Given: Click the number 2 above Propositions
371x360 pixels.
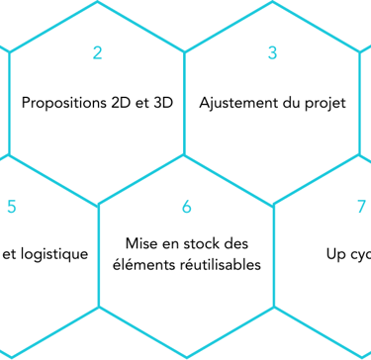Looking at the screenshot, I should [x=97, y=53].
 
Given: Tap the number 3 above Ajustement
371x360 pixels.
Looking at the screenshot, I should [x=273, y=53].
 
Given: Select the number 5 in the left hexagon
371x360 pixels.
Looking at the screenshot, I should [x=11, y=207].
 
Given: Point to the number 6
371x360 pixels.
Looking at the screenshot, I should [x=186, y=207].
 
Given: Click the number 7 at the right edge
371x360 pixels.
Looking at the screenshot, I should [x=361, y=207].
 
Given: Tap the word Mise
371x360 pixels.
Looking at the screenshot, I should [x=142, y=242].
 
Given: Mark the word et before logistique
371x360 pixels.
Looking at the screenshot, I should [x=10, y=254].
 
